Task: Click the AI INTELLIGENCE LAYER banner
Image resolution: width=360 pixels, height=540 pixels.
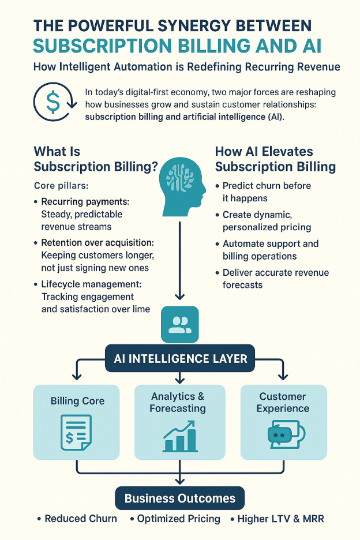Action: click(x=180, y=359)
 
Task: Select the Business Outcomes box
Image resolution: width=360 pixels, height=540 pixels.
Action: click(x=180, y=498)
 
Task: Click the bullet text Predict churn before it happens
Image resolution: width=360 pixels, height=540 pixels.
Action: click(x=267, y=192)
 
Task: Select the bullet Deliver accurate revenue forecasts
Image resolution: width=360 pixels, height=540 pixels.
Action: click(x=276, y=278)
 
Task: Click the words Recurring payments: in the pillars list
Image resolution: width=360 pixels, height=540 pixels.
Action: click(x=85, y=202)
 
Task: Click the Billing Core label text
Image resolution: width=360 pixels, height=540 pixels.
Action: click(x=77, y=401)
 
